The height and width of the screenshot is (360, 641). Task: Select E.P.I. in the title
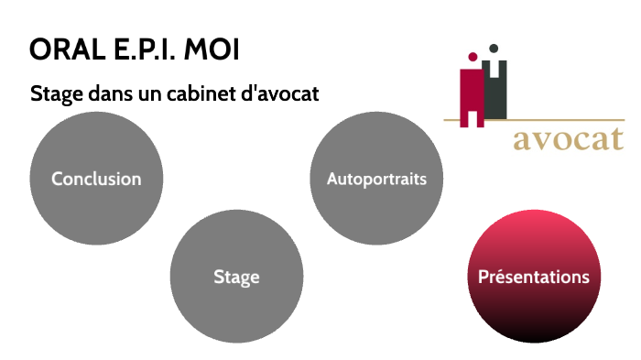[x=140, y=49]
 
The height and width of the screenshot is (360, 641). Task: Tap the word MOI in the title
[x=212, y=49]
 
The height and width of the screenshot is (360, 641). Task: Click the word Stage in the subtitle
[x=51, y=94]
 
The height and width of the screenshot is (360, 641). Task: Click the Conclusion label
[x=96, y=179]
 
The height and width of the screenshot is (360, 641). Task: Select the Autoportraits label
[x=376, y=179]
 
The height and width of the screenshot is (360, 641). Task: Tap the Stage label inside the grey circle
[x=236, y=277]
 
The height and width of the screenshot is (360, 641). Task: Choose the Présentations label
[x=534, y=276]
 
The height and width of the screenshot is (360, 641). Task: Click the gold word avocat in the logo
[x=568, y=140]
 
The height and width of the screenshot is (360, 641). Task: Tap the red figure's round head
[x=473, y=56]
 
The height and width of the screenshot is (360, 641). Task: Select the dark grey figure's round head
[x=493, y=48]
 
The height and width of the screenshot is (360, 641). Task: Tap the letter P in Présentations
[x=483, y=276]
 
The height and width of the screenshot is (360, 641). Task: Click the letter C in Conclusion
[x=57, y=179]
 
